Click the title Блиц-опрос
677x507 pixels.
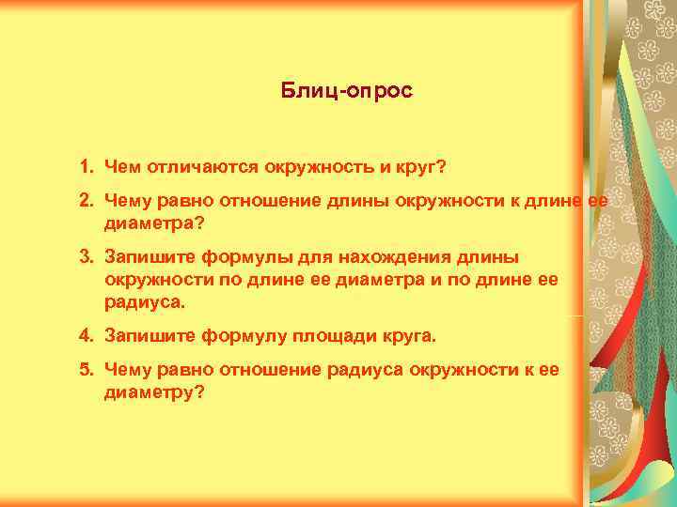click(347, 92)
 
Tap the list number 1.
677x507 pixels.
click(85, 166)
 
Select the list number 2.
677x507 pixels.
click(85, 201)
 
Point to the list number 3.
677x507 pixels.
click(85, 255)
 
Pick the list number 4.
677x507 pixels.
click(85, 335)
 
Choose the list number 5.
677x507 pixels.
click(85, 370)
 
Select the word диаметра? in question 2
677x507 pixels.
click(153, 223)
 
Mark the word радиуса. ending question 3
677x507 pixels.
click(146, 303)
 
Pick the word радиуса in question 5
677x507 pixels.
click(366, 370)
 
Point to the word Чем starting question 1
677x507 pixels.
click(120, 166)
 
